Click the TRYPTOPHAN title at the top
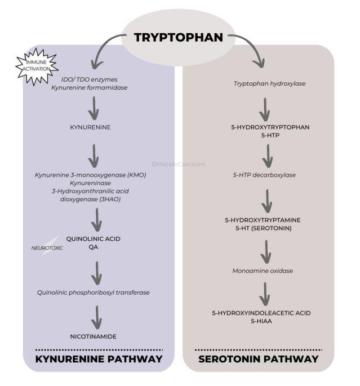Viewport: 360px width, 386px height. click(x=178, y=38)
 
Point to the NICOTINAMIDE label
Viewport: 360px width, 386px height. click(x=93, y=336)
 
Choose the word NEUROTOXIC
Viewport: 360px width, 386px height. click(x=47, y=248)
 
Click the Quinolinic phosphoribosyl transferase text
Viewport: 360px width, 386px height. click(x=93, y=292)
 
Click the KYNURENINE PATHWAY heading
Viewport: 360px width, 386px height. click(x=99, y=359)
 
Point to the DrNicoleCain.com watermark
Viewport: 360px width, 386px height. click(x=178, y=165)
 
